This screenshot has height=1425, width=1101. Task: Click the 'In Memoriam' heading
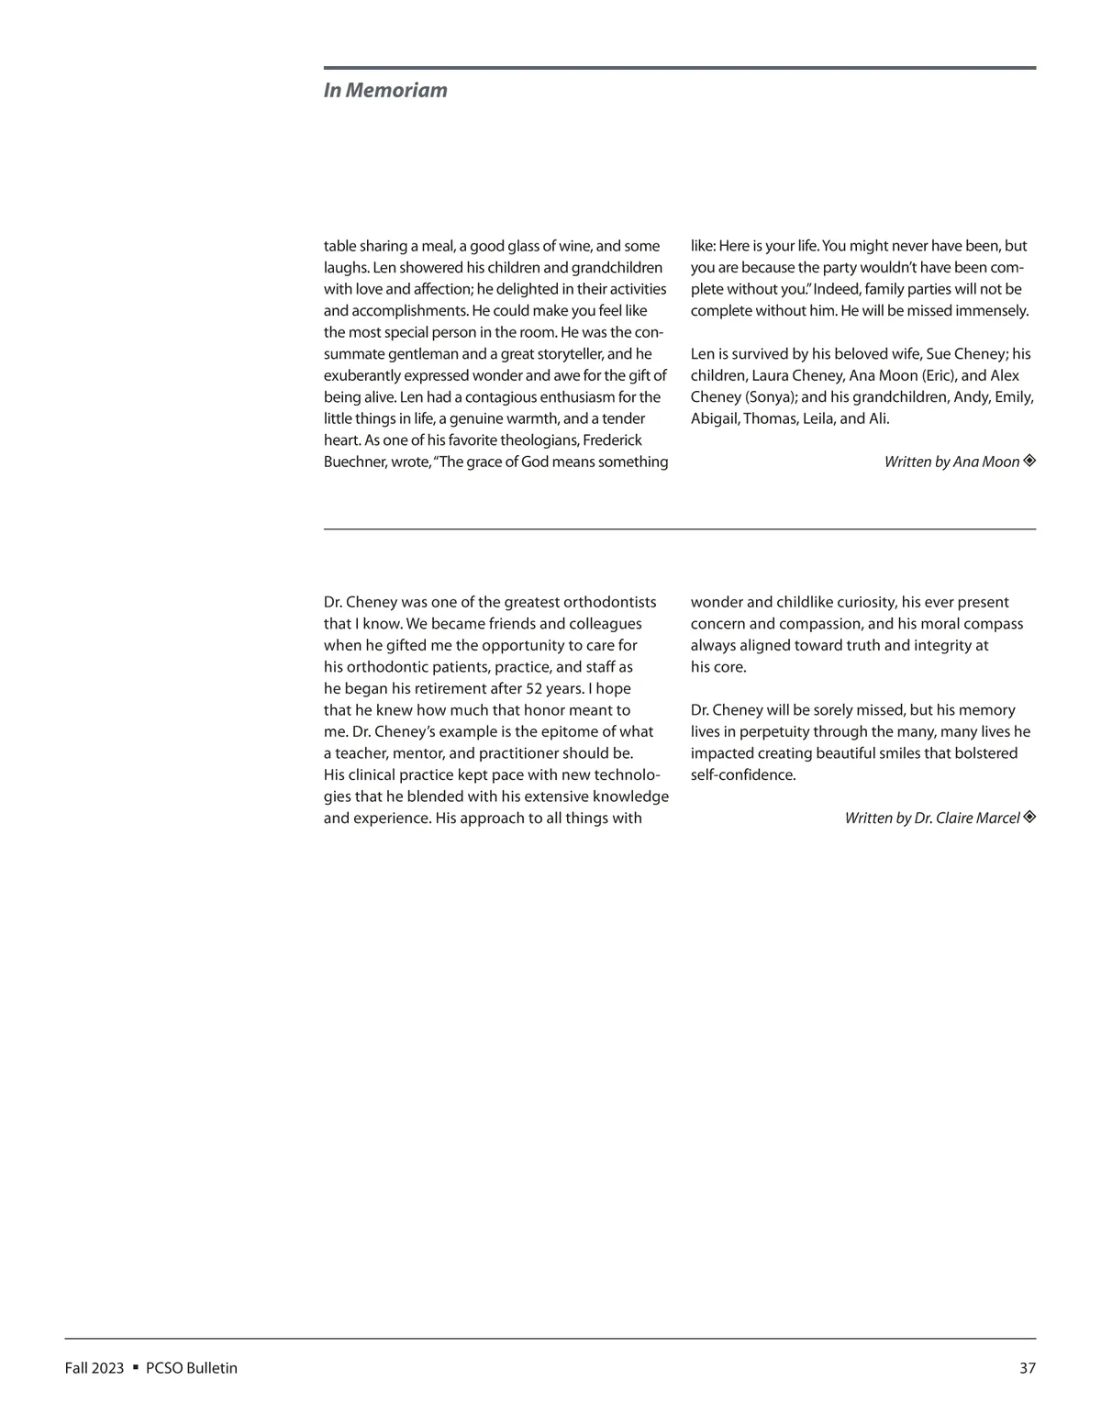click(385, 90)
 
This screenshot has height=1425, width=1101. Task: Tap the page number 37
click(1027, 1368)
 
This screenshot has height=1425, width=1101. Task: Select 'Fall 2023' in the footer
click(94, 1368)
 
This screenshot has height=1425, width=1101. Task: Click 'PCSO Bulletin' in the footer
click(192, 1368)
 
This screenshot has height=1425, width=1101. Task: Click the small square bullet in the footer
click(136, 1367)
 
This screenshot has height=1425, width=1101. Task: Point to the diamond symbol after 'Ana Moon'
click(1029, 461)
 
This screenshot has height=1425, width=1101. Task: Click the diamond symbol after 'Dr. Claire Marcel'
click(1029, 817)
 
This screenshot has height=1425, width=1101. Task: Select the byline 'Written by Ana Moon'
click(951, 462)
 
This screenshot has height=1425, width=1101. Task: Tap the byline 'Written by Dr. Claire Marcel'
click(931, 818)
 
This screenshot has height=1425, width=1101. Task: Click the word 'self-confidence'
click(742, 774)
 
